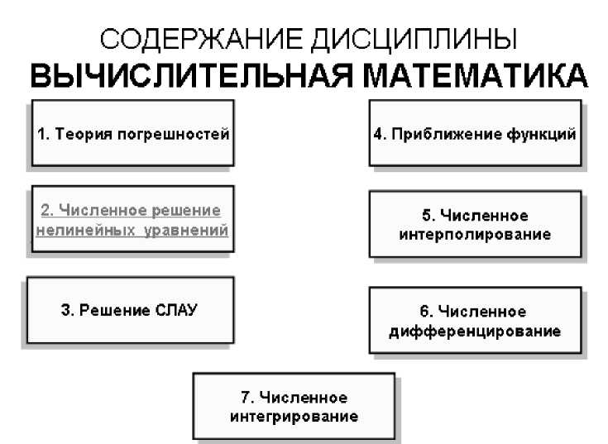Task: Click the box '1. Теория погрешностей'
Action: pyautogui.click(x=132, y=133)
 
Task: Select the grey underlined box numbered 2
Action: pyautogui.click(x=132, y=218)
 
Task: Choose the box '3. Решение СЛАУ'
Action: pyautogui.click(x=130, y=309)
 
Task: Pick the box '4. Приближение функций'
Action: pyautogui.click(x=474, y=133)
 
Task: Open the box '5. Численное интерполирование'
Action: pyautogui.click(x=474, y=224)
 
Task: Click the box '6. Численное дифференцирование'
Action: pyautogui.click(x=474, y=321)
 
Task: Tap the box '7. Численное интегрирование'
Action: pyautogui.click(x=294, y=406)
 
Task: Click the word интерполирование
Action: pyautogui.click(x=474, y=234)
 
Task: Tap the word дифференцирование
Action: pyautogui.click(x=474, y=332)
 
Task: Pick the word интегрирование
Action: pyautogui.click(x=294, y=416)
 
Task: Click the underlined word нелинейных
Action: pyautogui.click(x=76, y=228)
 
